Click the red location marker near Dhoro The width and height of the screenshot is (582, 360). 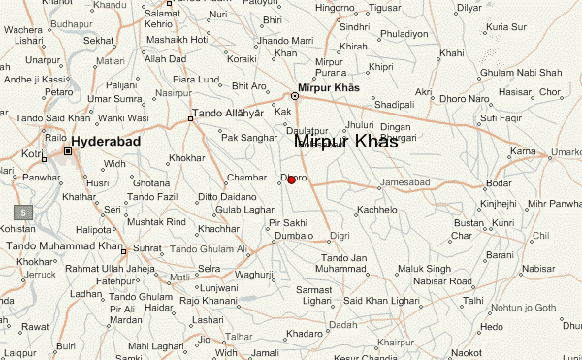click(x=292, y=180)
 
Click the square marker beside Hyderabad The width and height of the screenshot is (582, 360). click(x=68, y=151)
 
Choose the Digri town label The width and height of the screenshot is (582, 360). click(x=339, y=236)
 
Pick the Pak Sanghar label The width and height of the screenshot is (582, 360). click(x=249, y=138)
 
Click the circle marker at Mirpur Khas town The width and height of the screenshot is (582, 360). click(x=295, y=95)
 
